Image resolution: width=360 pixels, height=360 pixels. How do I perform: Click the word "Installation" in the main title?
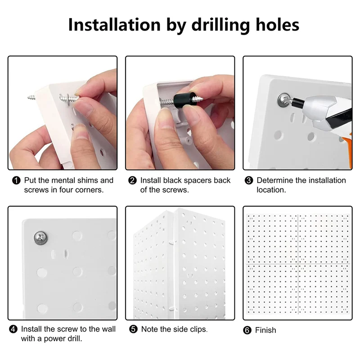[x=114, y=25]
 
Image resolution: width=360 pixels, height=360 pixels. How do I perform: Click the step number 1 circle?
[x=16, y=180]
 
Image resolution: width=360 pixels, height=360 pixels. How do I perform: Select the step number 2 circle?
[x=132, y=180]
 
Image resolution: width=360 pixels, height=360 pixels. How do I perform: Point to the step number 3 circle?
[x=249, y=180]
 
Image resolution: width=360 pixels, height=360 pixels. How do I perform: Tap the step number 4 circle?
[x=13, y=329]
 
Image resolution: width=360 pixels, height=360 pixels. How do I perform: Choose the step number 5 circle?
[x=133, y=329]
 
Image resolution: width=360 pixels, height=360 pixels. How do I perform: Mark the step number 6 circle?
[x=247, y=330]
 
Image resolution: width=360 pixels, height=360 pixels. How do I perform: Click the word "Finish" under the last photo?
[x=265, y=330]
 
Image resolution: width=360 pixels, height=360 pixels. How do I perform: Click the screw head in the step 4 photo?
[x=40, y=238]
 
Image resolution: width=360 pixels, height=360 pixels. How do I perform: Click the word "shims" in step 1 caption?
[x=86, y=180]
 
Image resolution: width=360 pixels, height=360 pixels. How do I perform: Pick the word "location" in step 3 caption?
[x=271, y=190]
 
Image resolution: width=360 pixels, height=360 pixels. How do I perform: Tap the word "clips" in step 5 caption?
[x=198, y=329]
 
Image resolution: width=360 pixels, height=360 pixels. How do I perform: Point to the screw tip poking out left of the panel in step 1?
[x=31, y=98]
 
